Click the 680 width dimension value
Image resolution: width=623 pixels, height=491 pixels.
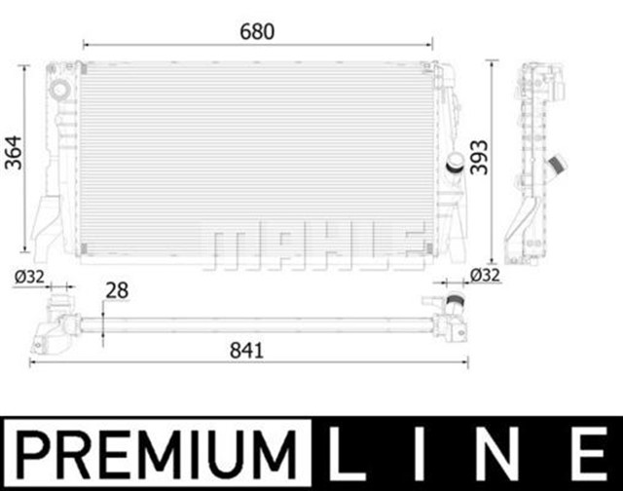click(259, 31)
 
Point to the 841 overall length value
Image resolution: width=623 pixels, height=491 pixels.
click(249, 350)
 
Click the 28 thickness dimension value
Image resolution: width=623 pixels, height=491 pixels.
click(117, 290)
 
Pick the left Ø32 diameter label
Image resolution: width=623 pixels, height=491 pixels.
click(29, 277)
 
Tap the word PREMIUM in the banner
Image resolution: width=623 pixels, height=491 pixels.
click(155, 455)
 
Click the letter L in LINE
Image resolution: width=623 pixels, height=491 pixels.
click(346, 455)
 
